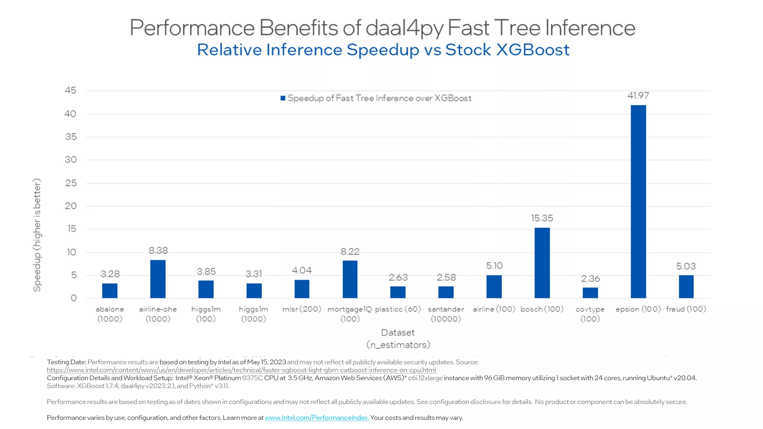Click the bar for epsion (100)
pos(638,201)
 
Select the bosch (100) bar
pos(542,263)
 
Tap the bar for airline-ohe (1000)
pos(158,279)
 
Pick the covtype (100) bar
pos(590,293)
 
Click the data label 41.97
pos(638,96)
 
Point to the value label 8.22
pos(350,251)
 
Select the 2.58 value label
pos(446,277)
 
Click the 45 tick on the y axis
pos(70,91)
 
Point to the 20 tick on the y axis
pos(70,206)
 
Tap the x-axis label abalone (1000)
pos(110,314)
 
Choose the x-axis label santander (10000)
pos(446,314)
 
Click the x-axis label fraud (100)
pos(686,309)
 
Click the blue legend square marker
pos(283,98)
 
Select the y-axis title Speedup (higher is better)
pos(37,235)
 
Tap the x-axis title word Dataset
pos(398,332)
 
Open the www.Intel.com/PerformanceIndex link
pos(317,417)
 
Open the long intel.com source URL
pos(242,370)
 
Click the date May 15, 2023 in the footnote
pos(266,362)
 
